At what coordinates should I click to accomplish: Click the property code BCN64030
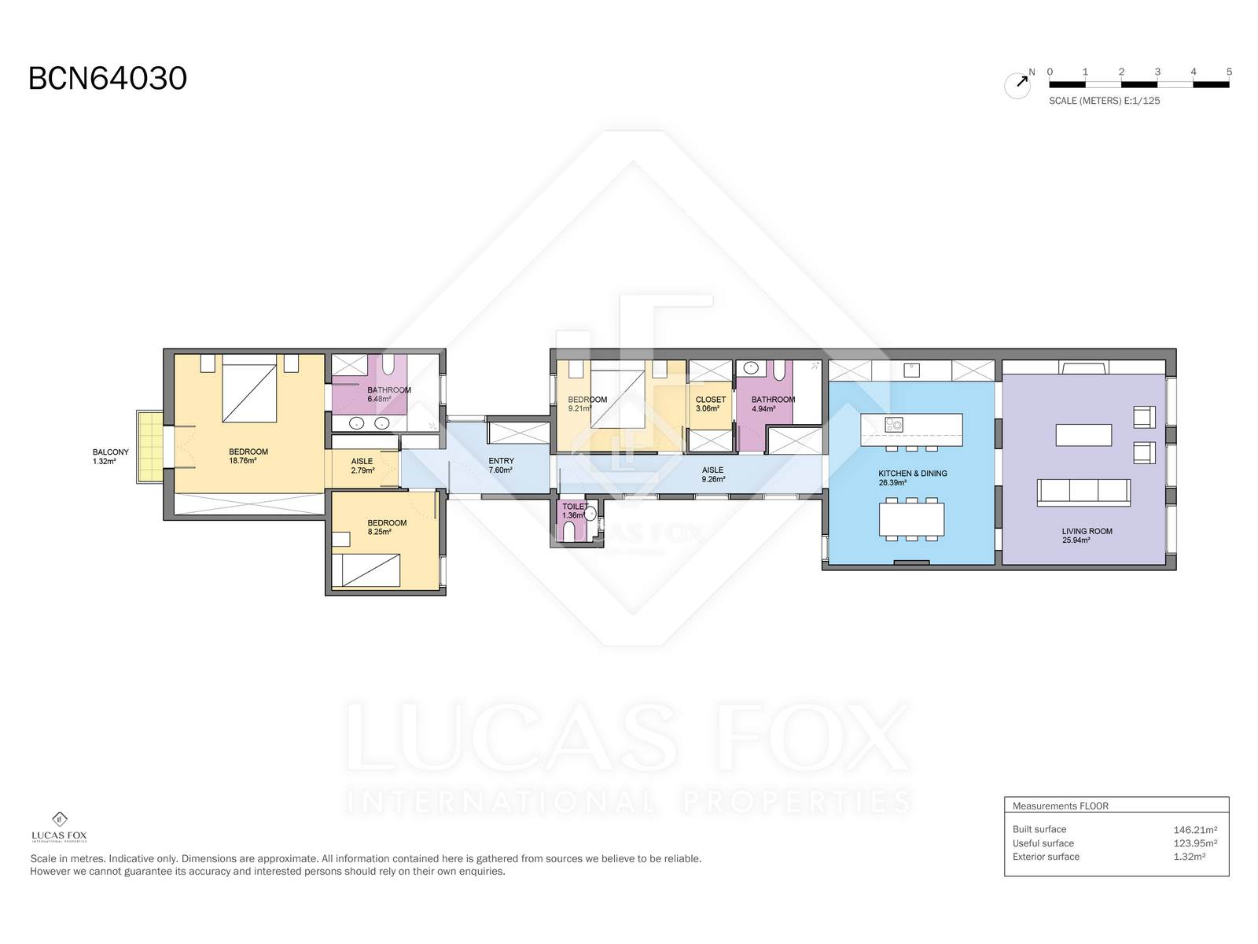click(108, 79)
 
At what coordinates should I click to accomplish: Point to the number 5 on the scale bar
click(1229, 72)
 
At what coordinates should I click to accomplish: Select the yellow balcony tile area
click(149, 447)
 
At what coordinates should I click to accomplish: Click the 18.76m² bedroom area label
click(242, 460)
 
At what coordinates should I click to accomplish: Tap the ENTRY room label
click(501, 460)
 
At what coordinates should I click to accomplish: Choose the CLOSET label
click(710, 400)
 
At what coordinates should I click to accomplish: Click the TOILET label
click(576, 507)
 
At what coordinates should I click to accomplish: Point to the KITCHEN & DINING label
click(912, 474)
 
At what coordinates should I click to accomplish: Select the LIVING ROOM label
click(1087, 531)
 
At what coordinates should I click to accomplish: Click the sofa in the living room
click(1083, 493)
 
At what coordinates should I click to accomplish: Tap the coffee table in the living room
click(1083, 435)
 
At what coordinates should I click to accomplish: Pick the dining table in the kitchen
click(911, 518)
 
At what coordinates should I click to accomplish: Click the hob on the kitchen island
click(893, 425)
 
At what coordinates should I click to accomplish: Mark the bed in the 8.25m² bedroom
click(366, 570)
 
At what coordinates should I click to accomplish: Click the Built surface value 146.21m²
click(1195, 829)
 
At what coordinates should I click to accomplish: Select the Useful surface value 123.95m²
click(1195, 843)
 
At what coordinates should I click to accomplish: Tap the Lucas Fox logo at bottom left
click(59, 827)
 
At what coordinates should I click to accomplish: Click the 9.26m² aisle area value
click(713, 479)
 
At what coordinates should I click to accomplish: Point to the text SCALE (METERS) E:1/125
click(1104, 101)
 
